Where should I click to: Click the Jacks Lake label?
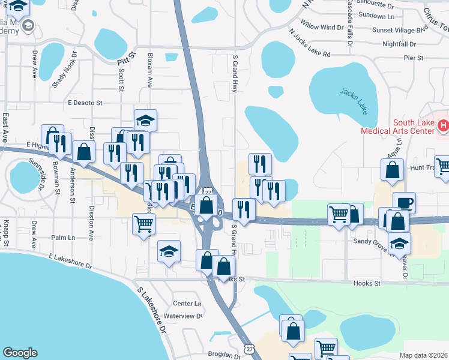352,100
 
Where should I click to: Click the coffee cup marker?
404,202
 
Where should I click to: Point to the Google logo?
20,353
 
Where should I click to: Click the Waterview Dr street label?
184,316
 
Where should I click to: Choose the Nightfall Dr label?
399,44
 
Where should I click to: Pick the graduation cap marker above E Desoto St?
145,120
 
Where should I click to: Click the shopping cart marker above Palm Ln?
144,224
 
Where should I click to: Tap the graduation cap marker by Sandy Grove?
398,242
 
